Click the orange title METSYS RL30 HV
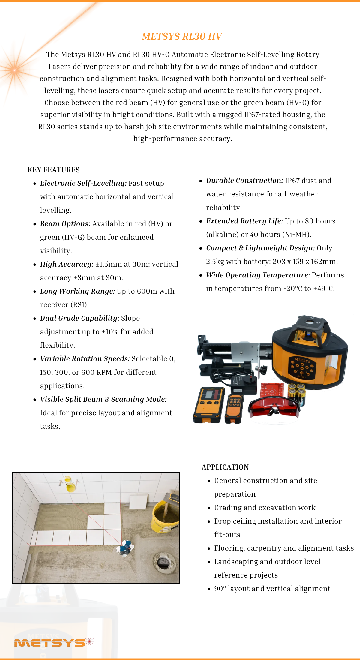click(182, 36)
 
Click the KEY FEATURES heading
click(54, 170)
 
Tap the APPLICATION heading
click(225, 467)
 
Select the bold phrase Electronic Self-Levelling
click(83, 183)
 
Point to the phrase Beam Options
click(65, 224)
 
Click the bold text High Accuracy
click(67, 264)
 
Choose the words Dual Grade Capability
click(79, 318)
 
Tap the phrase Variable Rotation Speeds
click(85, 359)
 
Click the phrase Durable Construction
click(244, 181)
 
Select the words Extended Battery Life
click(244, 221)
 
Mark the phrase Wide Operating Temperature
click(258, 275)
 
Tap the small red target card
click(272, 391)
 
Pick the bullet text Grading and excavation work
click(265, 508)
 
